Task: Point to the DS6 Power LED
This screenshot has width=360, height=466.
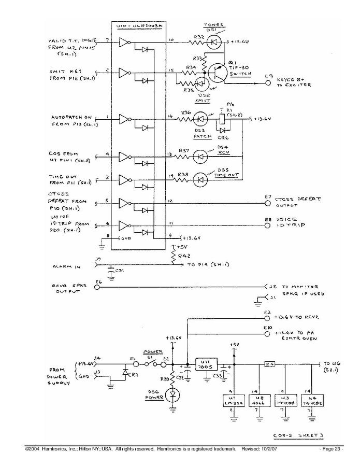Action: click(x=173, y=395)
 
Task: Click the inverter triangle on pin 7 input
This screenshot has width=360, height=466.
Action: click(x=123, y=43)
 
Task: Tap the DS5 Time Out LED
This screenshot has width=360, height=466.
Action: click(x=199, y=180)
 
